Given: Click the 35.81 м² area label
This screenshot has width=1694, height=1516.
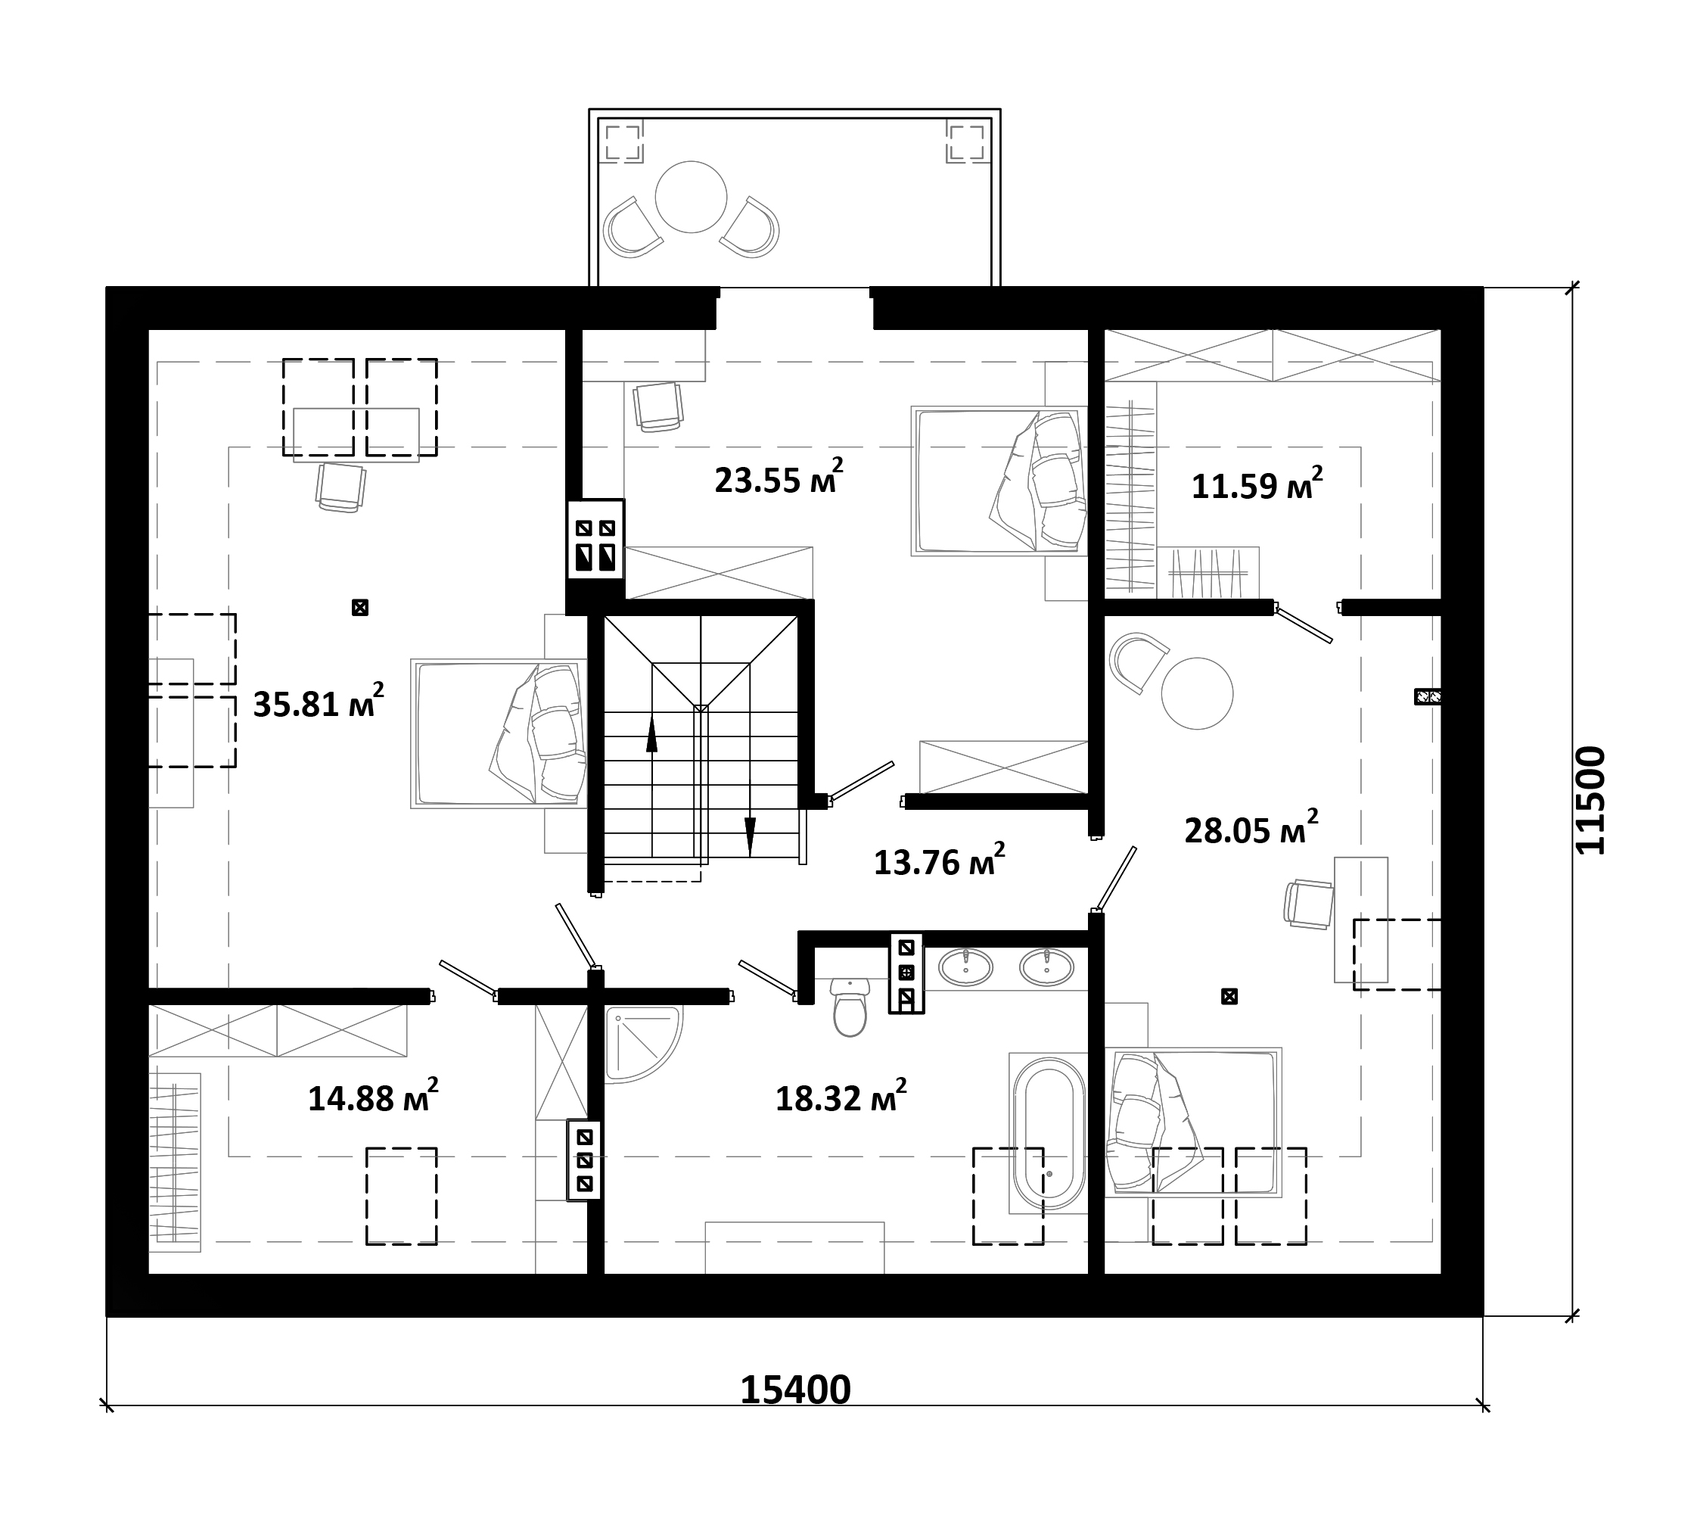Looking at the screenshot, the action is click(x=319, y=702).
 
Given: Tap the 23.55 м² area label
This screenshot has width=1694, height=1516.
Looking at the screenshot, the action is click(x=779, y=478).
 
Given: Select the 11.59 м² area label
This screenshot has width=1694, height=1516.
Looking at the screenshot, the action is click(x=1257, y=483).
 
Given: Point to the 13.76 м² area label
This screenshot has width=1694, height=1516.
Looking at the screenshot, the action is click(x=939, y=860).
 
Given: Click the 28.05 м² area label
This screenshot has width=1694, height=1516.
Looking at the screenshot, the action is click(x=1251, y=827).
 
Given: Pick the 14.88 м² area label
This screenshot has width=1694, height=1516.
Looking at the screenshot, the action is click(x=373, y=1095).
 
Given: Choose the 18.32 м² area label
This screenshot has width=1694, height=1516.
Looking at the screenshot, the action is click(x=841, y=1095).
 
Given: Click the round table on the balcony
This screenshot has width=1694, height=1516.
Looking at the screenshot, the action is click(x=692, y=198).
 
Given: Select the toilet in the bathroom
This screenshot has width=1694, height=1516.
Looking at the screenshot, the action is click(x=850, y=1007).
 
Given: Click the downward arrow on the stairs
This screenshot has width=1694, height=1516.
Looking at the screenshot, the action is click(x=750, y=836).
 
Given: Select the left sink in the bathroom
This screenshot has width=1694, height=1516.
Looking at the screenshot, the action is click(x=966, y=967).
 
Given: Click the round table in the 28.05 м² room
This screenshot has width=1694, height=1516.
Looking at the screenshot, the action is click(x=1197, y=693).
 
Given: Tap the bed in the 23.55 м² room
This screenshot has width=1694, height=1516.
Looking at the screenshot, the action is click(x=999, y=481).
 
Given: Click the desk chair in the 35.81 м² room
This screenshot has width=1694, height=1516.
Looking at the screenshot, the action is click(x=340, y=487).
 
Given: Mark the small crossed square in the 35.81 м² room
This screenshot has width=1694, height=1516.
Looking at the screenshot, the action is click(x=360, y=607).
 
